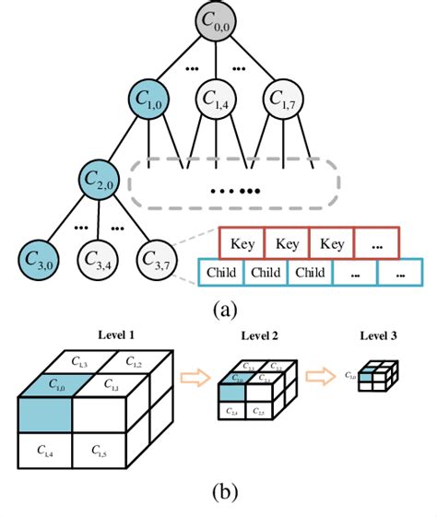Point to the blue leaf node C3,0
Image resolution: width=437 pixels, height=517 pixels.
point(39,253)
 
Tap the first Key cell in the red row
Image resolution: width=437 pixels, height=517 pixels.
point(242,244)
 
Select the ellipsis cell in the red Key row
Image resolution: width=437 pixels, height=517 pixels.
point(377,244)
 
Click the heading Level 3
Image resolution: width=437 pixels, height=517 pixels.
point(379,337)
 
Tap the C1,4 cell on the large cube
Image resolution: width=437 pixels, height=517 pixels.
point(44,451)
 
